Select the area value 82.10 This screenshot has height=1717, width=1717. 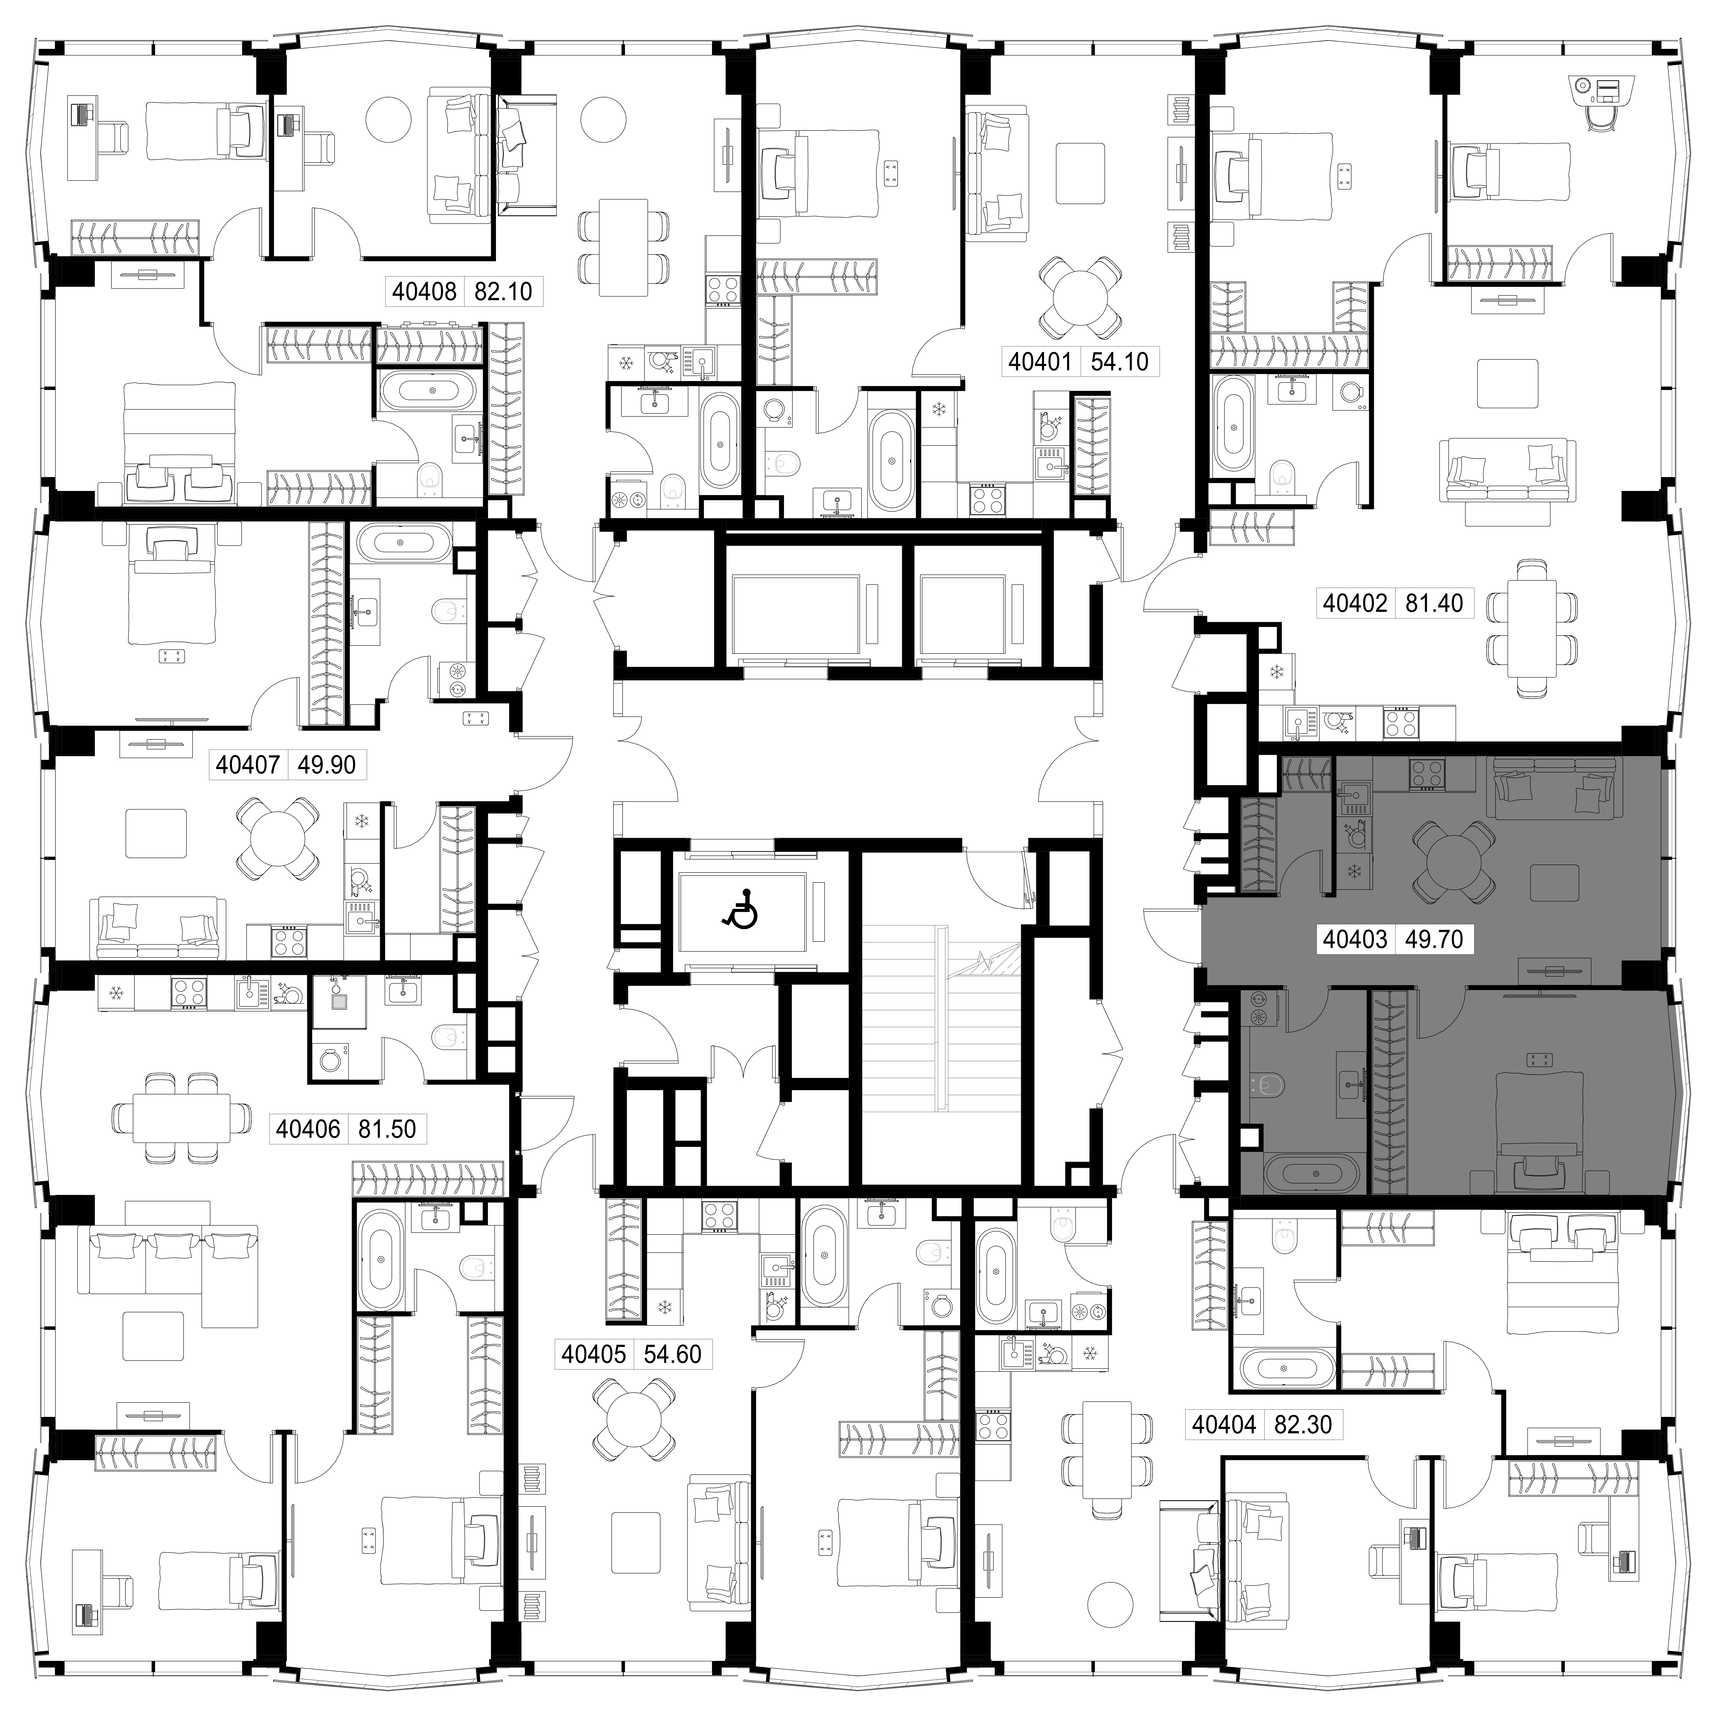503,291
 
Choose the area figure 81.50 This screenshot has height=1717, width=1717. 387,1129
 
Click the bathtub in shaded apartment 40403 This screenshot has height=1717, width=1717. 1312,1174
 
